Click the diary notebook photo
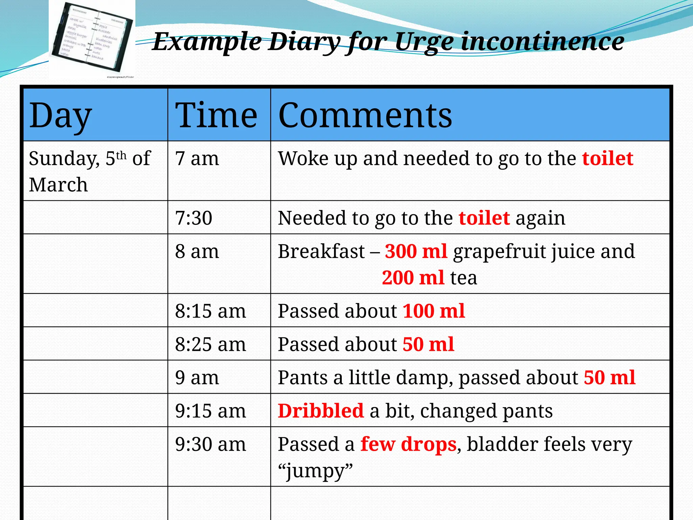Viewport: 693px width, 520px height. [92, 39]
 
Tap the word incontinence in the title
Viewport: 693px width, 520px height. [542, 41]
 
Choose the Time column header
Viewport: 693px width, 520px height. [216, 116]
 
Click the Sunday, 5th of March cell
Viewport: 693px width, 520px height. [90, 171]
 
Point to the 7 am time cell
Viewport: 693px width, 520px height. [197, 158]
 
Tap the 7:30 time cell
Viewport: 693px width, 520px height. [194, 218]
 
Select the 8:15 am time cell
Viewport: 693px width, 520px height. [210, 311]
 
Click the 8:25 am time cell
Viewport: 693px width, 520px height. [210, 344]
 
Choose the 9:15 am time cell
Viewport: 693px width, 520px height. [210, 411]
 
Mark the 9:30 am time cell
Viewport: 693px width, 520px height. [210, 444]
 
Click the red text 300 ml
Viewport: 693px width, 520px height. [416, 251]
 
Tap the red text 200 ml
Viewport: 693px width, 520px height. [413, 278]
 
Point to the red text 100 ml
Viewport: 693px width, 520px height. [434, 311]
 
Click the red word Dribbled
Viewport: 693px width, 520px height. [320, 411]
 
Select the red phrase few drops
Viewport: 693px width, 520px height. [408, 444]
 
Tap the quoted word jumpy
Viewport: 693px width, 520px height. [315, 471]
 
